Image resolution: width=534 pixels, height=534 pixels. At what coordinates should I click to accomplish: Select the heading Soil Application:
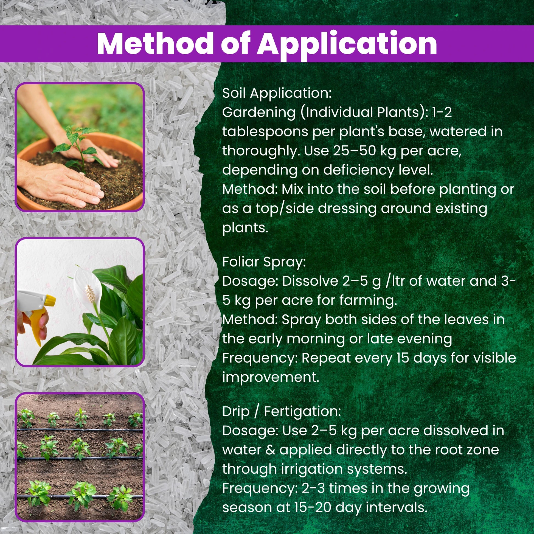[277, 94]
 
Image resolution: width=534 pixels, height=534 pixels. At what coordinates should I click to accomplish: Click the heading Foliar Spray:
[264, 262]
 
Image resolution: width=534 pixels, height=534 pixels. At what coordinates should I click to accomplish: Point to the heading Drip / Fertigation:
[282, 412]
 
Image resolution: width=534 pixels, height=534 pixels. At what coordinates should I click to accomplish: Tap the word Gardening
[259, 113]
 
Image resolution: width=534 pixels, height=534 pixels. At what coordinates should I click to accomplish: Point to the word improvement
[271, 378]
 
